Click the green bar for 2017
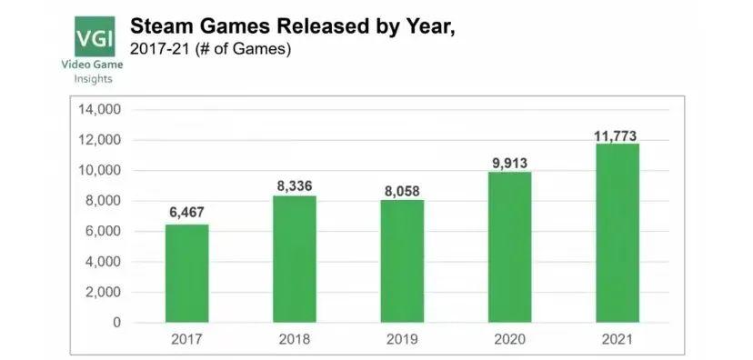tap(186, 273)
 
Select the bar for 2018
tap(294, 259)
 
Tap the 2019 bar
tap(402, 261)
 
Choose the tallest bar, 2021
tap(617, 233)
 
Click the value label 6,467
tap(186, 213)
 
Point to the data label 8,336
tap(294, 185)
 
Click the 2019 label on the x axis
tap(402, 342)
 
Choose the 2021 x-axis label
tap(617, 342)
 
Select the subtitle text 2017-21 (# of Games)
tap(210, 49)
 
